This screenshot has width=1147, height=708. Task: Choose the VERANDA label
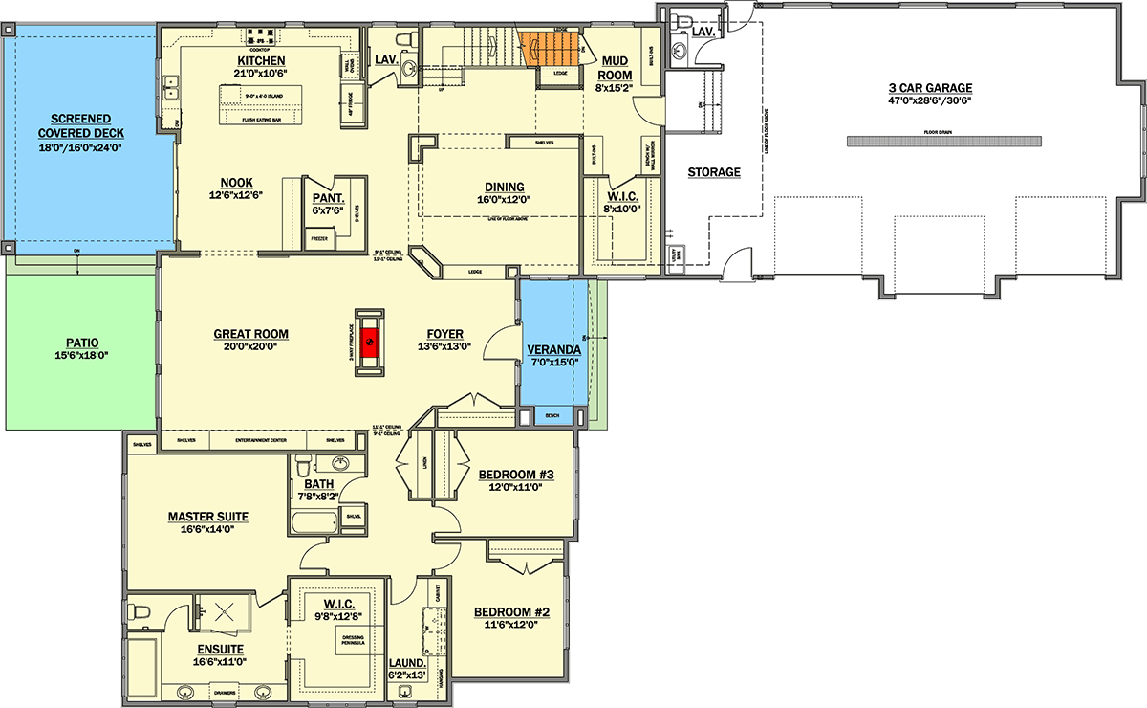point(554,349)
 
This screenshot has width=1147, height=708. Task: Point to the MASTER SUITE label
point(208,517)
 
